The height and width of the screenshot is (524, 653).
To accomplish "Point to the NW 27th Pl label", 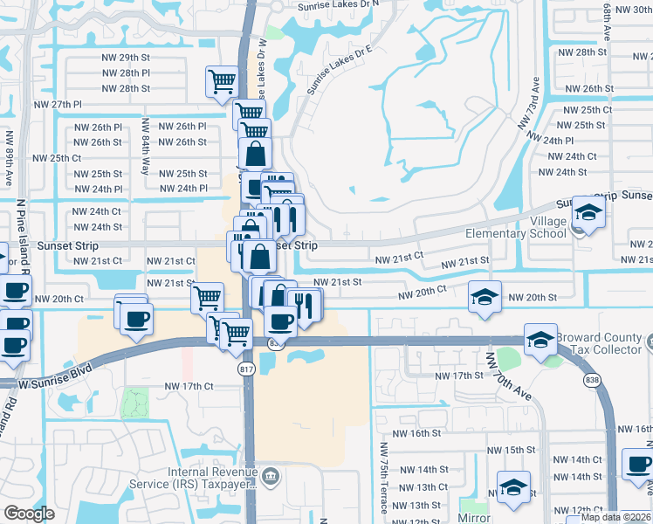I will (58, 104).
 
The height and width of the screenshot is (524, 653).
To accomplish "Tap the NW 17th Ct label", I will (189, 386).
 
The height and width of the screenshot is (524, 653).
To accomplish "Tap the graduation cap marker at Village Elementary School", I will (588, 212).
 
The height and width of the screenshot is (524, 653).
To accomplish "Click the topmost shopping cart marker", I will (223, 81).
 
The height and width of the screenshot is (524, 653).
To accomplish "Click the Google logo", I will (29, 514).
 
